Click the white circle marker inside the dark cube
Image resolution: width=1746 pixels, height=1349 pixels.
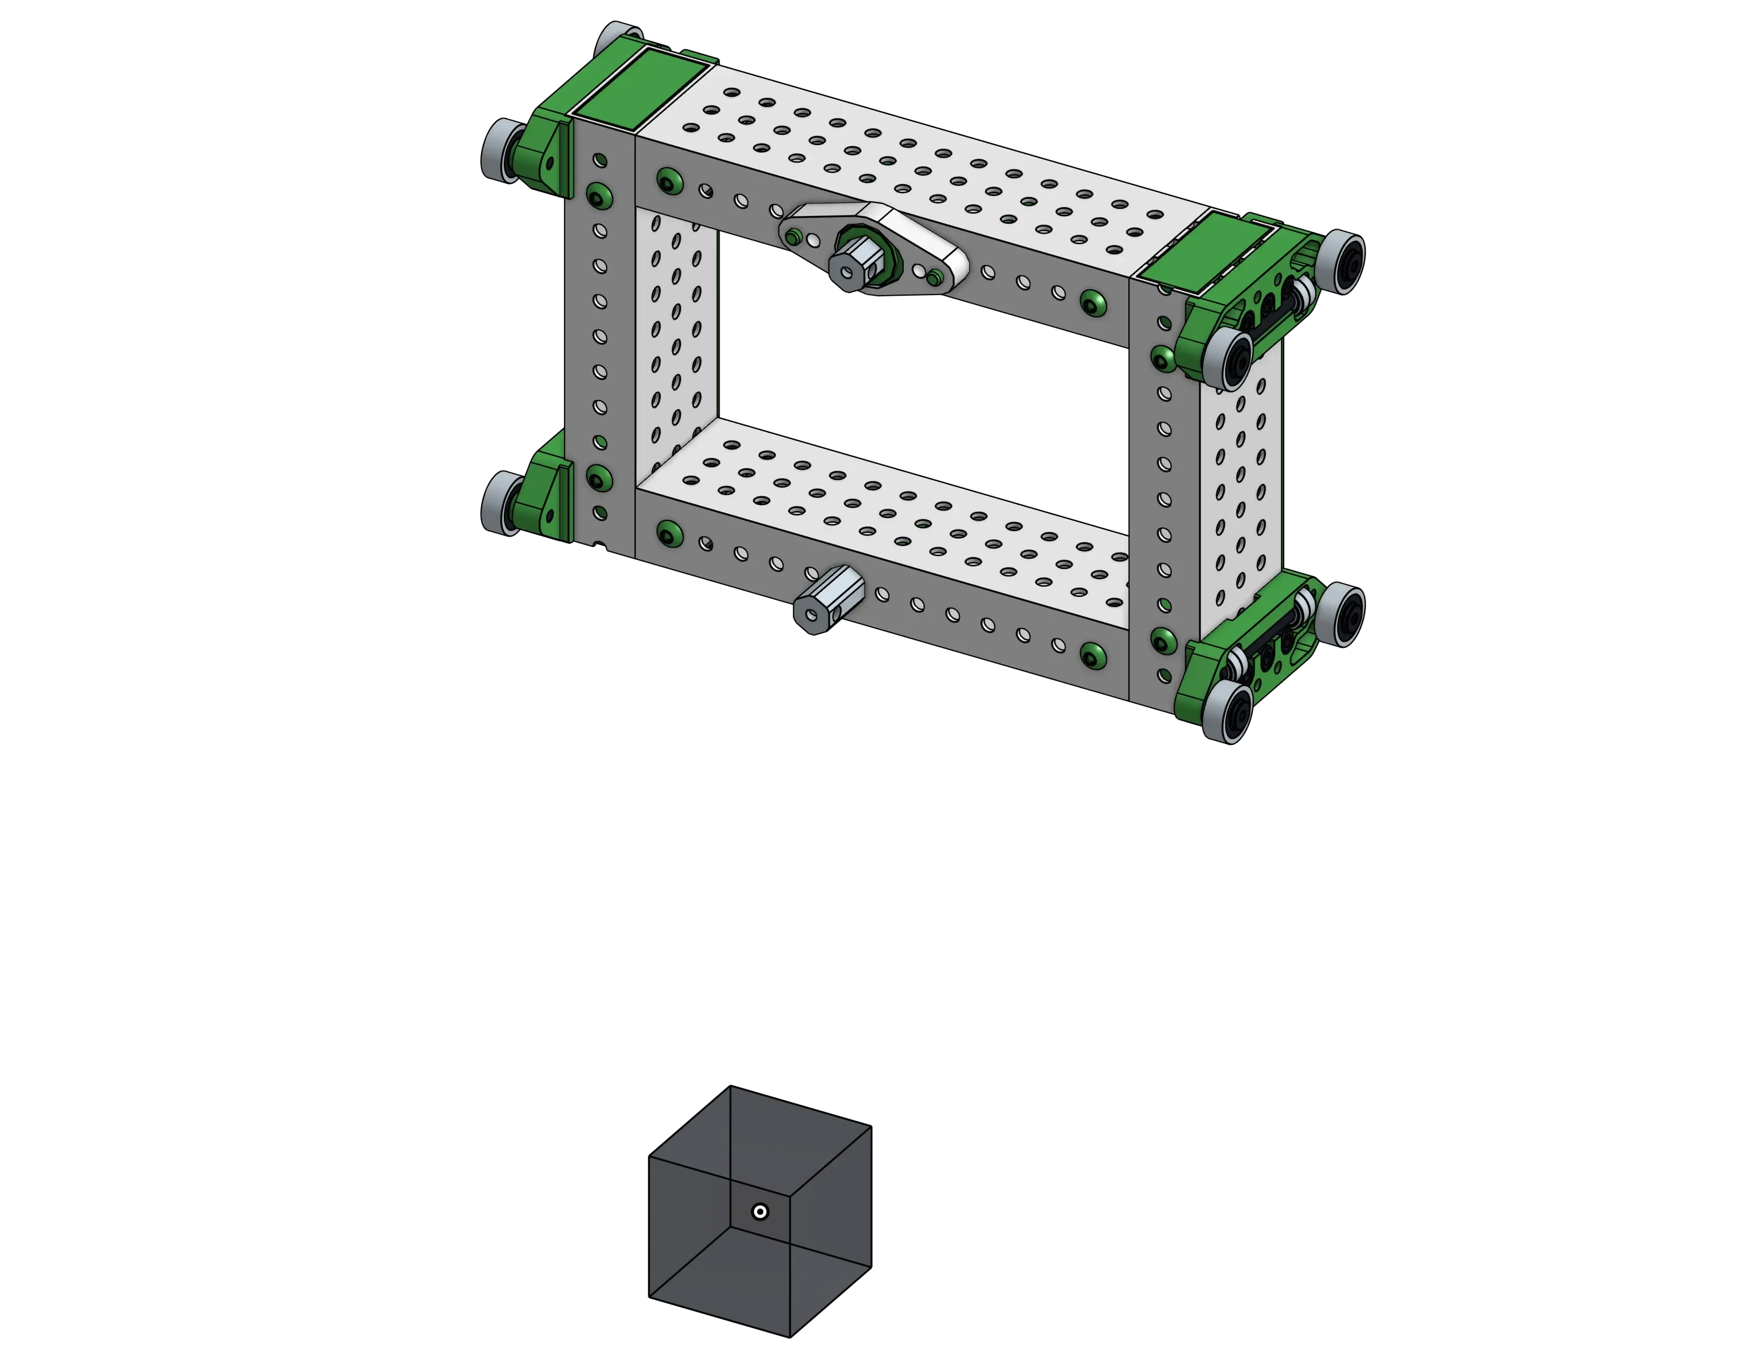click(760, 1211)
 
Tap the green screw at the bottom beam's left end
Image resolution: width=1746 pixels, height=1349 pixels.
click(667, 533)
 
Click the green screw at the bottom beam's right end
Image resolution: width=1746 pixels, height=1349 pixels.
click(1093, 655)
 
